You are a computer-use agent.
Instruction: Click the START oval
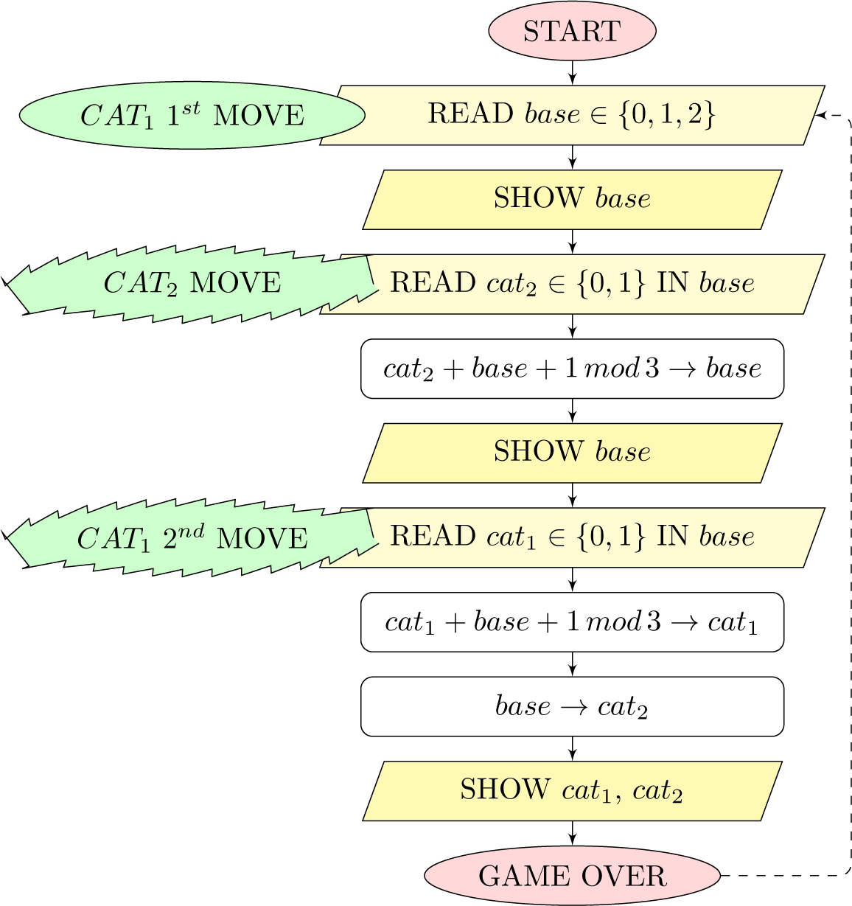(572, 31)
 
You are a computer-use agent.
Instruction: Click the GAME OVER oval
(572, 876)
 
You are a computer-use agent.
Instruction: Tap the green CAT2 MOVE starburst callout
(192, 283)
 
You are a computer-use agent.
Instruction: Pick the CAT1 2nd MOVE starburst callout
(192, 538)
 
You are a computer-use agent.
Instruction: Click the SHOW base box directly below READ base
(572, 199)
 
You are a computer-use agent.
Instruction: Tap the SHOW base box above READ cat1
(572, 452)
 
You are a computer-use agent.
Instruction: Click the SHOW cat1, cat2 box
(572, 790)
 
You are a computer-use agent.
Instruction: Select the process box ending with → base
(572, 368)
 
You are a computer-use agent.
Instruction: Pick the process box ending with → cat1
(572, 621)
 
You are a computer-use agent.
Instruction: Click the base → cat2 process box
(572, 706)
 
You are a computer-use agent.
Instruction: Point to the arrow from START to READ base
(572, 72)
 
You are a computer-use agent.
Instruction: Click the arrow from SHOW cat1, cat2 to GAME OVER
(572, 832)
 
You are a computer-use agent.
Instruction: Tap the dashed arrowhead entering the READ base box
(820, 115)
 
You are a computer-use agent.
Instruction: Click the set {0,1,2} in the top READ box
(668, 115)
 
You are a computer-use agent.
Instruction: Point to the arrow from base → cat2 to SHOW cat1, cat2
(572, 748)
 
